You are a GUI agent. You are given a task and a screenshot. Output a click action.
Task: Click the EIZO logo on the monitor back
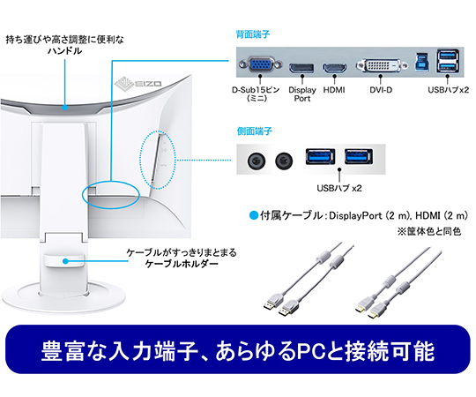138,82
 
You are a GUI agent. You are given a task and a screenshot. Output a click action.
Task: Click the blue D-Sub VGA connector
260,64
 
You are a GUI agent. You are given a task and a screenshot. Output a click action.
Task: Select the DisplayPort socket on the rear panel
301,68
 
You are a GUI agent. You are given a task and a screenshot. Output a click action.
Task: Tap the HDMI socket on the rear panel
334,68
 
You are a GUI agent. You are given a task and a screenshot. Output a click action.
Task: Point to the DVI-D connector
382,65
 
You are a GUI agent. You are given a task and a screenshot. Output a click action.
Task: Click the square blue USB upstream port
422,64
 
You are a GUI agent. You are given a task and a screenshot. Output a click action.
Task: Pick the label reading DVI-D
381,90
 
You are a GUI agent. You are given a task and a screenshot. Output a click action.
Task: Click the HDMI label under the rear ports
334,90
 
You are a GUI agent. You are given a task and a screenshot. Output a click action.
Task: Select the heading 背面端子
253,34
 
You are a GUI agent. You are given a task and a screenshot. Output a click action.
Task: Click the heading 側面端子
255,131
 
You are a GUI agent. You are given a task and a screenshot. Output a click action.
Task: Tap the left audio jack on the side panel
257,161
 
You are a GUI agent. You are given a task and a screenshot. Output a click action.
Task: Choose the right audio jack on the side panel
284,160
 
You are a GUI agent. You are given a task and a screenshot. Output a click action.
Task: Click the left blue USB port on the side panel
320,156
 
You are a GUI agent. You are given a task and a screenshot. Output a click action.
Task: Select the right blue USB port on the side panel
359,156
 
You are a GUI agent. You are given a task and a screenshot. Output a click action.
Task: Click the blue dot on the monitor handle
64,108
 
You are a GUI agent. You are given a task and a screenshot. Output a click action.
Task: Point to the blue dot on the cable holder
65,261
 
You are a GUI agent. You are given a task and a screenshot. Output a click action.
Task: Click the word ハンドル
64,50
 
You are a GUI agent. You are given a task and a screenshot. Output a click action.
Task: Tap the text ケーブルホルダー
182,264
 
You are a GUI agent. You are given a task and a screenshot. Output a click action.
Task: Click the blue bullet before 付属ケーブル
253,215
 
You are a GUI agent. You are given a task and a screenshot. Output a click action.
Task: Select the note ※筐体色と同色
429,231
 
